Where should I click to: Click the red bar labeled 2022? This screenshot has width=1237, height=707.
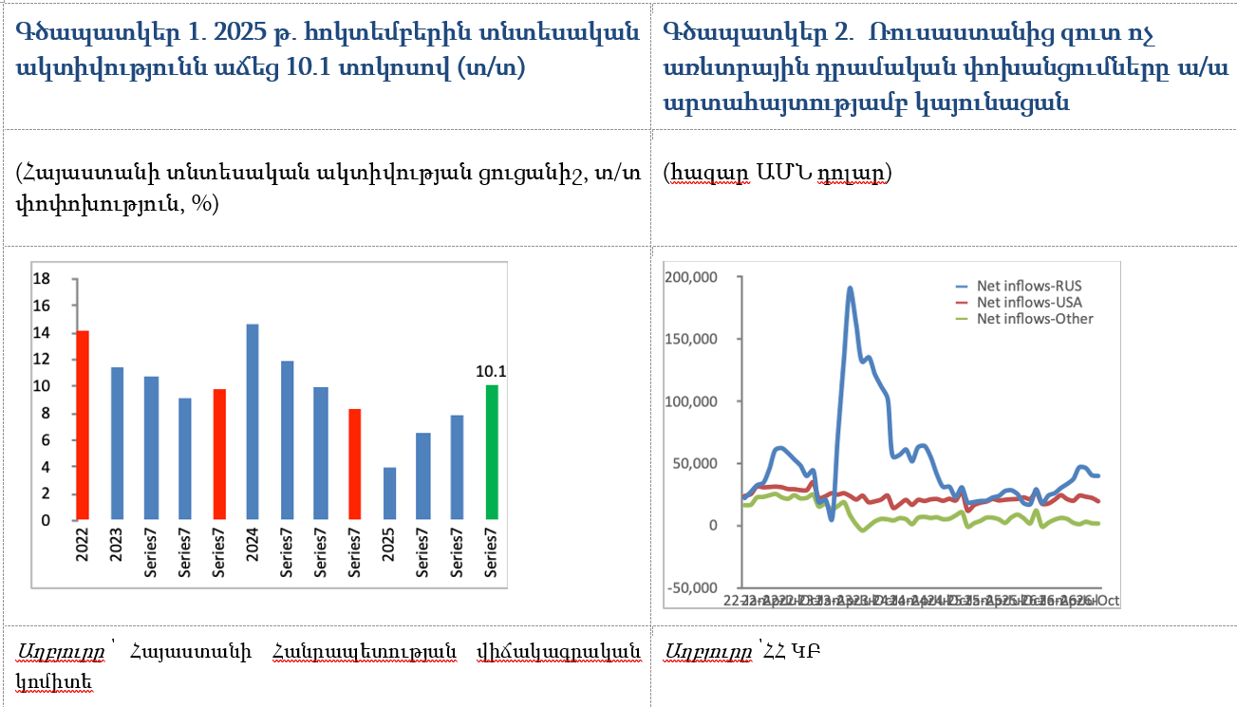coord(83,425)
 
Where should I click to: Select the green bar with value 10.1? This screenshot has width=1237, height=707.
coord(491,453)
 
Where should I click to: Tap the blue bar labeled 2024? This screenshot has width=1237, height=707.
coord(252,422)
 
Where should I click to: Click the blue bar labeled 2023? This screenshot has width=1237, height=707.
coord(117,443)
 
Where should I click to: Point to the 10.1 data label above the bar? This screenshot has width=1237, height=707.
coord(491,371)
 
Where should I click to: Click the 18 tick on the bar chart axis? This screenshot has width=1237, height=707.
coord(41,279)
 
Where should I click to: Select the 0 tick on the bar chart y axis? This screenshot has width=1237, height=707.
coord(45,520)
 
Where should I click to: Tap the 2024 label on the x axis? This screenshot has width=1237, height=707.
coord(253,553)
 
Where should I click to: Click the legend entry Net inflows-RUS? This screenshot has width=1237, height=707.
coord(1029,286)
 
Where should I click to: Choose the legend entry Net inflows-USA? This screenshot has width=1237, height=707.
coord(1029,302)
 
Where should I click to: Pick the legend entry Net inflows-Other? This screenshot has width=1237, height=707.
coord(1035,319)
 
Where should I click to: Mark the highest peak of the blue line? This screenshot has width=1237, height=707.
coord(850,288)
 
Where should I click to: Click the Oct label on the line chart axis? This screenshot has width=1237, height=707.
coord(1109,601)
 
